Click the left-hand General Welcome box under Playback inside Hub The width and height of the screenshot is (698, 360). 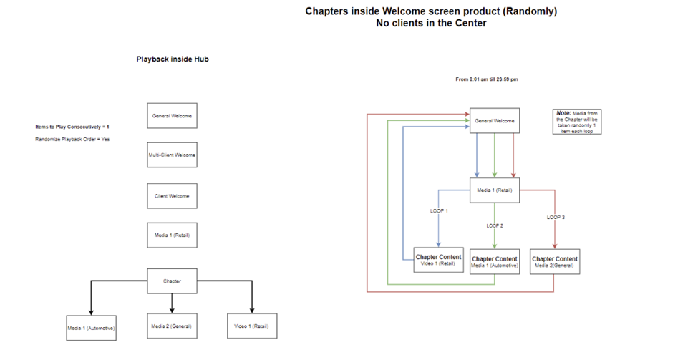[x=172, y=115]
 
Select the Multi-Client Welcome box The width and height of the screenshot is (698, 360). [x=172, y=155]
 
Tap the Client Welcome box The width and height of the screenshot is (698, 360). [x=172, y=196]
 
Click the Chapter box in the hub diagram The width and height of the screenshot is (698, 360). [x=172, y=281]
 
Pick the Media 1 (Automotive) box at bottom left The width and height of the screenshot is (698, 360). [x=91, y=327]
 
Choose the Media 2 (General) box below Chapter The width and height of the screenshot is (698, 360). [x=172, y=326]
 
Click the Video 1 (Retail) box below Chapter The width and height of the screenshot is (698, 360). [x=252, y=326]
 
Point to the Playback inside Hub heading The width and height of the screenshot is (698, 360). [x=172, y=59]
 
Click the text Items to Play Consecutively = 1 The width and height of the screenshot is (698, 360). [x=72, y=127]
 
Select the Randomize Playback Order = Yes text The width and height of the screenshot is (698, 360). [x=72, y=139]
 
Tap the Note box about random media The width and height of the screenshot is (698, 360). [x=578, y=121]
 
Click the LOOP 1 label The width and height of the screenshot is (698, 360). [x=439, y=211]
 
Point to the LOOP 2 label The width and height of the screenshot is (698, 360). [x=495, y=225]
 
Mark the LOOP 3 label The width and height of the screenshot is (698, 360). [x=556, y=217]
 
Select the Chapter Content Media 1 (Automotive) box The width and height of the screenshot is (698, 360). [x=495, y=262]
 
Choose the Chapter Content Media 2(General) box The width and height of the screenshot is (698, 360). [x=555, y=262]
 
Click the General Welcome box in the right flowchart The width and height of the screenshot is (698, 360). [x=495, y=121]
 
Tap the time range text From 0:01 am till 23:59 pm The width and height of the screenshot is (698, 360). [x=487, y=79]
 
